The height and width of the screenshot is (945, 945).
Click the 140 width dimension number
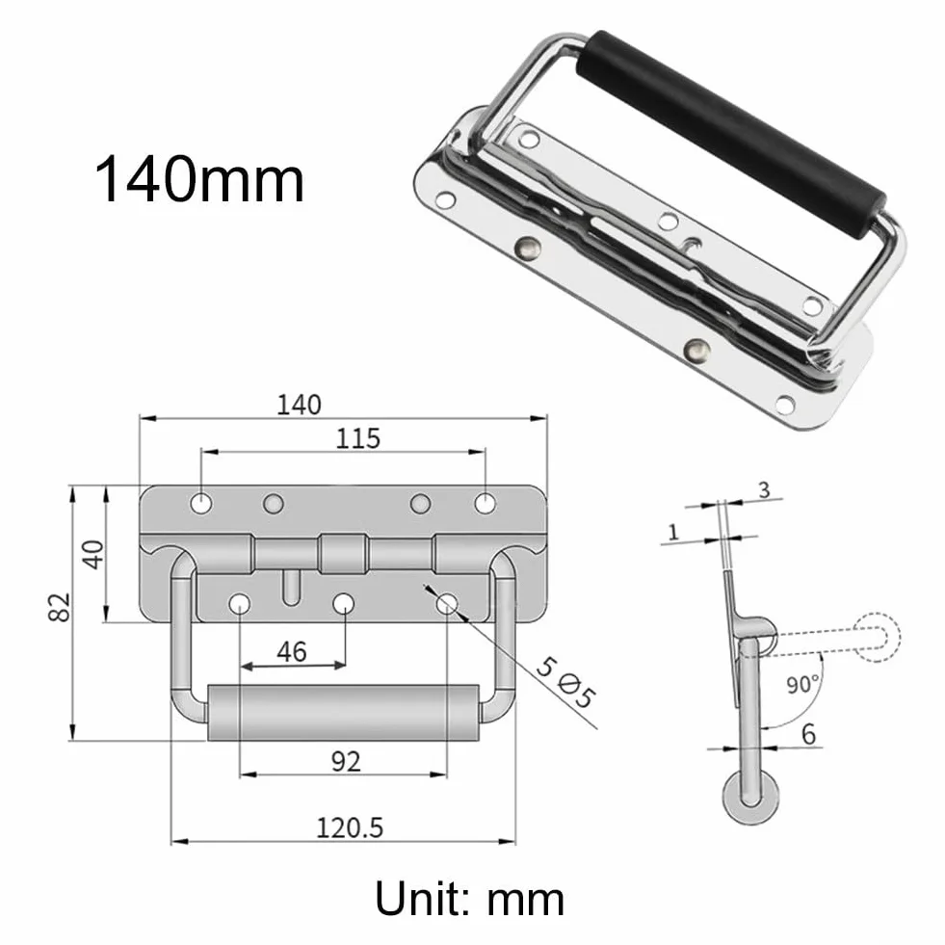click(x=299, y=405)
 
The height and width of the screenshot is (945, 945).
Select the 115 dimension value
click(x=358, y=438)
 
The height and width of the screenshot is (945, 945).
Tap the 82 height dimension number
click(x=59, y=607)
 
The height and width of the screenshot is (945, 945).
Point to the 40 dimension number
click(x=93, y=555)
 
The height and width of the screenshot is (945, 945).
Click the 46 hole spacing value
click(x=292, y=651)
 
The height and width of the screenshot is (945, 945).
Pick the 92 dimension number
click(x=346, y=762)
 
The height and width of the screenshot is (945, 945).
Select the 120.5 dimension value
click(x=350, y=827)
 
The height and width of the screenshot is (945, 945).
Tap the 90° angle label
click(x=802, y=685)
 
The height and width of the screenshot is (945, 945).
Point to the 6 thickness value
click(x=808, y=734)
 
